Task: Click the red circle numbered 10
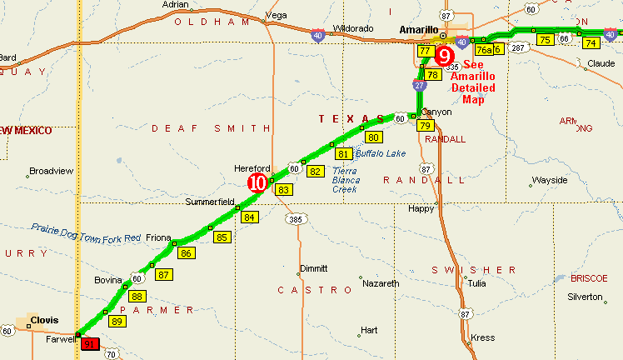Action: pos(258,182)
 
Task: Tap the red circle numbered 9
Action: pos(446,56)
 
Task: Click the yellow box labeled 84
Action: pos(249,217)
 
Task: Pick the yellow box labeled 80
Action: pos(373,137)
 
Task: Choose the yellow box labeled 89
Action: pos(117,322)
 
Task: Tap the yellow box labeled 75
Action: pos(545,40)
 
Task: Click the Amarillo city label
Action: pos(418,30)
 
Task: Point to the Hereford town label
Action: pos(252,167)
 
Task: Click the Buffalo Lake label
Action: pos(381,153)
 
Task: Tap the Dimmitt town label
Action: pos(313,268)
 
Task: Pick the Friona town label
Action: pos(158,237)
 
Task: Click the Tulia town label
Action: pos(476,283)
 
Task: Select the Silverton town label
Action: pos(584,297)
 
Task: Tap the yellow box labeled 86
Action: pos(186,253)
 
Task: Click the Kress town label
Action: pos(482,338)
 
